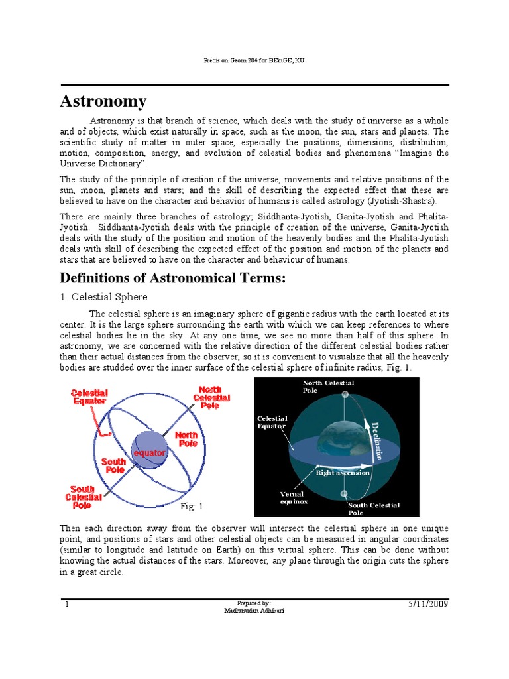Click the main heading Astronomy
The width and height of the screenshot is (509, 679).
pyautogui.click(x=103, y=101)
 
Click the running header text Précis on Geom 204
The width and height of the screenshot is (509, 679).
pyautogui.click(x=254, y=61)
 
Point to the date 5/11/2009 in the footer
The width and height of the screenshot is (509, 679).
pyautogui.click(x=426, y=605)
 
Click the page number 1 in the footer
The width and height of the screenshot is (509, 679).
pyautogui.click(x=67, y=605)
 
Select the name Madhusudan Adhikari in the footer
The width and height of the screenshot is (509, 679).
pyautogui.click(x=254, y=611)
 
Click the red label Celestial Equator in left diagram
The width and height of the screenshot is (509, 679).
pyautogui.click(x=89, y=397)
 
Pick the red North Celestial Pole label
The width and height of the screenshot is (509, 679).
pyautogui.click(x=211, y=397)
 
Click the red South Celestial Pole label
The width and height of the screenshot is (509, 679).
pyautogui.click(x=84, y=497)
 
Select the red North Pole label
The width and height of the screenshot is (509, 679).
pyautogui.click(x=186, y=439)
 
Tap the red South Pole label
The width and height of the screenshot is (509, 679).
pyautogui.click(x=113, y=465)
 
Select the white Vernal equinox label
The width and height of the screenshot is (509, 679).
pyautogui.click(x=292, y=498)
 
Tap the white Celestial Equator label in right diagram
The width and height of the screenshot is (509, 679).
pyautogui.click(x=272, y=422)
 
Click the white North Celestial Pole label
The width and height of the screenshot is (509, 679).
pyautogui.click(x=328, y=387)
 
